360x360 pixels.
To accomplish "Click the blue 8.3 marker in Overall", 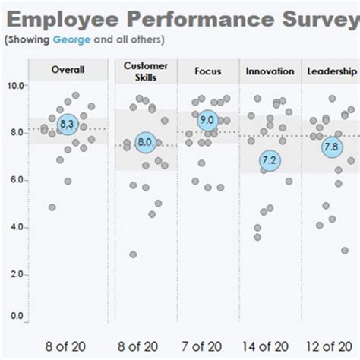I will click(68, 124).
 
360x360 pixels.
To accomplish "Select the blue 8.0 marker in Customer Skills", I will click(145, 142).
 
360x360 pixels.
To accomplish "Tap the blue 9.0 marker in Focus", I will click(207, 120).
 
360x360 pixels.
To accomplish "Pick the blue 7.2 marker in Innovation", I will click(269, 160).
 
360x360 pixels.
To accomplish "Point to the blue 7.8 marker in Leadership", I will click(331, 147).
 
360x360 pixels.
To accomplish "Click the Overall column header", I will click(68, 71).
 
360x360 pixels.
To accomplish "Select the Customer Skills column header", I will click(145, 71).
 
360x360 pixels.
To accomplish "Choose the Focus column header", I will click(207, 71).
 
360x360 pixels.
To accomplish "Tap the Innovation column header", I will click(270, 71).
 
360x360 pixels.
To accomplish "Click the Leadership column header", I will click(332, 71).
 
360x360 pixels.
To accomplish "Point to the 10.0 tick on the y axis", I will click(15, 85).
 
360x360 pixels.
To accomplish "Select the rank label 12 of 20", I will click(330, 346).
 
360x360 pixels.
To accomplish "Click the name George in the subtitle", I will click(71, 39).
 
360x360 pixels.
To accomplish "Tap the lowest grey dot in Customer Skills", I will click(133, 254).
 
